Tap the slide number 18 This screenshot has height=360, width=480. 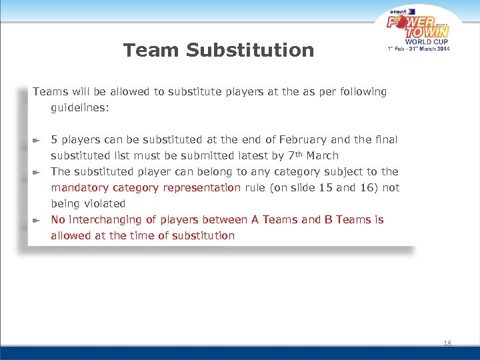pos(447,343)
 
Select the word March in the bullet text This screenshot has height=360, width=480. pos(323,155)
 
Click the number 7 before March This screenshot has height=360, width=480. pos(289,155)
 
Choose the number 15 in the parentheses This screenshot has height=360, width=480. pos(325,187)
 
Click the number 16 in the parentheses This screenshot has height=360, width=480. pos(365,187)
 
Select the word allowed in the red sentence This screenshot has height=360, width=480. pos(70,235)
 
